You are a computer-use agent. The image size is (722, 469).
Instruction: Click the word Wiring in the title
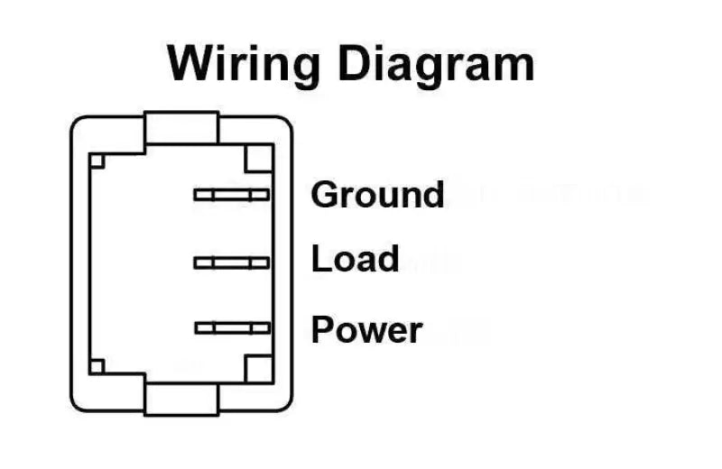tap(244, 63)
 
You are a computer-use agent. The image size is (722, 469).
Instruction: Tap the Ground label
tap(377, 195)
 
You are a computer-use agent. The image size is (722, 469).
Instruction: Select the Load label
tap(355, 260)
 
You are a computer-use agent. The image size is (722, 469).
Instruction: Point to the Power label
tap(366, 330)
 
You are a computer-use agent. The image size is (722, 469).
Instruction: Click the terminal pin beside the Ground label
tap(231, 194)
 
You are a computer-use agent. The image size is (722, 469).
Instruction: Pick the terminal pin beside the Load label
tap(231, 262)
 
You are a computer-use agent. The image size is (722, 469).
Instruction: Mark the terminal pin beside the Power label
tap(231, 328)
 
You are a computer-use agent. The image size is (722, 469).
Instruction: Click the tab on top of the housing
tap(181, 128)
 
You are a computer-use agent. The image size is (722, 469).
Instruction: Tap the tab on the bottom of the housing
tap(181, 398)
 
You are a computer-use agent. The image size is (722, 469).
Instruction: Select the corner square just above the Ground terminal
tap(258, 159)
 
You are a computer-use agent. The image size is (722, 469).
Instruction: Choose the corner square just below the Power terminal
tap(258, 367)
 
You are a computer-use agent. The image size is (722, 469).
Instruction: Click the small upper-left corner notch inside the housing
tap(97, 161)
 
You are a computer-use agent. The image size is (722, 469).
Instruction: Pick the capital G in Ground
tap(326, 195)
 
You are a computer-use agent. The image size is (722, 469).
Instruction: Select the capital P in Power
tap(323, 330)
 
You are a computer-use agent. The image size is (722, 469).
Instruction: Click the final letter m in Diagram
tap(514, 68)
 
